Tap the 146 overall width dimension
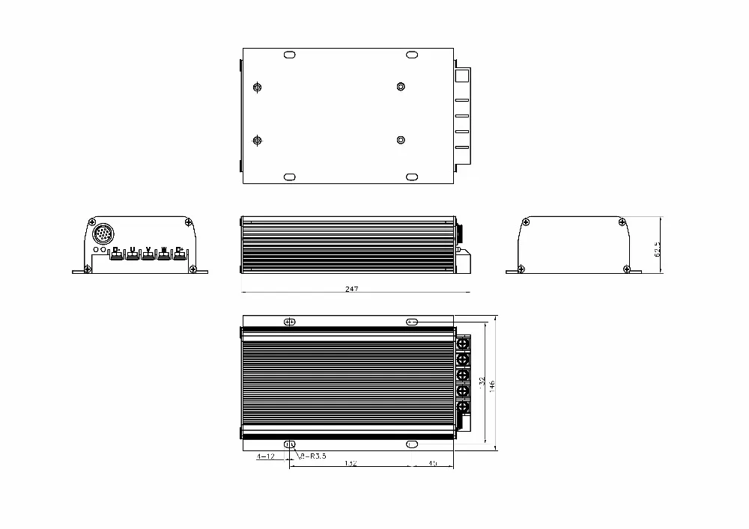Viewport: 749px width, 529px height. click(492, 385)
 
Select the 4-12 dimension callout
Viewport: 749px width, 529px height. click(265, 456)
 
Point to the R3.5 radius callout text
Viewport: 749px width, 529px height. click(313, 456)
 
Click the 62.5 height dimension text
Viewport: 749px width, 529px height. click(658, 248)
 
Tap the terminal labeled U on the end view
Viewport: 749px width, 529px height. click(133, 254)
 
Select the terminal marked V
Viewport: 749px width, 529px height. click(148, 254)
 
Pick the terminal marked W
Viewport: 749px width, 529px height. click(164, 254)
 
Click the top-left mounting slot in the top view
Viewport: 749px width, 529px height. click(289, 55)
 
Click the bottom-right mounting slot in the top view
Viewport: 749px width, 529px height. click(412, 177)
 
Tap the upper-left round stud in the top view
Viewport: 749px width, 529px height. click(258, 88)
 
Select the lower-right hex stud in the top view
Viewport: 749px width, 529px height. click(401, 140)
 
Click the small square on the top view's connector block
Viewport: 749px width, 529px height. click(461, 76)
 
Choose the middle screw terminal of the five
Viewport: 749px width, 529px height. click(463, 375)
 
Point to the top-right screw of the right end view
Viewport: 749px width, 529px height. click(622, 222)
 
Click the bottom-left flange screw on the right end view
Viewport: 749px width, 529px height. click(521, 269)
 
